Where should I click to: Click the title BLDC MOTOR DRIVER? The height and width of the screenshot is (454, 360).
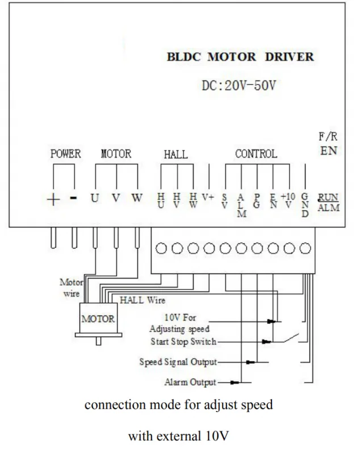[240, 57]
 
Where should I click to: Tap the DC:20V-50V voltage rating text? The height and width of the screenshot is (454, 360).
[238, 86]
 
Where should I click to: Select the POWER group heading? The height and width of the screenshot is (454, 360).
[65, 154]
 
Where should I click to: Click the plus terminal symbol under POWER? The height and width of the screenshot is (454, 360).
[53, 200]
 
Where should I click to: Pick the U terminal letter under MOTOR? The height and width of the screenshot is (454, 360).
[95, 198]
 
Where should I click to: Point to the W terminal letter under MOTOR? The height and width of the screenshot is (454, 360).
[137, 197]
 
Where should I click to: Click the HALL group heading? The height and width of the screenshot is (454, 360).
[176, 154]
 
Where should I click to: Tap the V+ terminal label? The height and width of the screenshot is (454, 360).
[208, 197]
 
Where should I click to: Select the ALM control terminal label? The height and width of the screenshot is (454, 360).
[241, 205]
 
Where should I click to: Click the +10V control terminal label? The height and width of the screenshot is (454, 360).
[288, 200]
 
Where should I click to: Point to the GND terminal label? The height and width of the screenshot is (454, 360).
[305, 205]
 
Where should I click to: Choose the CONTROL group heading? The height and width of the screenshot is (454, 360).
[256, 154]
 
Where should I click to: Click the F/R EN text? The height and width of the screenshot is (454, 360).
[328, 144]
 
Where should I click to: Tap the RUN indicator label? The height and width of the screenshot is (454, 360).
[328, 197]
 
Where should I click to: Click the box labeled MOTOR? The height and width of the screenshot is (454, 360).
[98, 318]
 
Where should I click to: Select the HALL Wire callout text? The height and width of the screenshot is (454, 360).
[143, 300]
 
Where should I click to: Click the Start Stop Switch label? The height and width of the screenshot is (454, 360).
[183, 342]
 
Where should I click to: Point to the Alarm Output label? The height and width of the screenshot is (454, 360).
[190, 382]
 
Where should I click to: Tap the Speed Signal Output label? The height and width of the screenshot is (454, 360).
[178, 362]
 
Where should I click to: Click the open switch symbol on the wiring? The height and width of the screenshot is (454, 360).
[291, 338]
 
